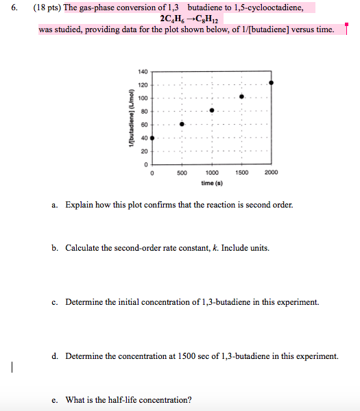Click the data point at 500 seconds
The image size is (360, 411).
[x=182, y=124]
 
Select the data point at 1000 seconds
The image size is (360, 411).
[x=212, y=110]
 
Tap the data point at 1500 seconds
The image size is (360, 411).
[x=241, y=97]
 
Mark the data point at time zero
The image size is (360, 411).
[x=152, y=138]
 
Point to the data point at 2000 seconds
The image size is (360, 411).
[x=272, y=83]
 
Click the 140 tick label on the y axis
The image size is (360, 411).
[x=143, y=71]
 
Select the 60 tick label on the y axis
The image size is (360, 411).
[x=144, y=125]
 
